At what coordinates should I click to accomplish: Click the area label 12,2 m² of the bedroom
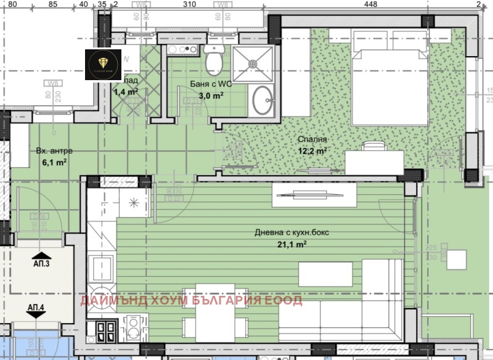312,150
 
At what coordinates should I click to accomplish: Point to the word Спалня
312,139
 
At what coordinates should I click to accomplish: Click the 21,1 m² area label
293,244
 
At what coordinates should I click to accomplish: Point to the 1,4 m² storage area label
126,92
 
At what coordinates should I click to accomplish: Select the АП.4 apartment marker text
36,306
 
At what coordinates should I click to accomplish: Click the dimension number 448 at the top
370,4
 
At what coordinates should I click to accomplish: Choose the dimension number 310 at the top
189,4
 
